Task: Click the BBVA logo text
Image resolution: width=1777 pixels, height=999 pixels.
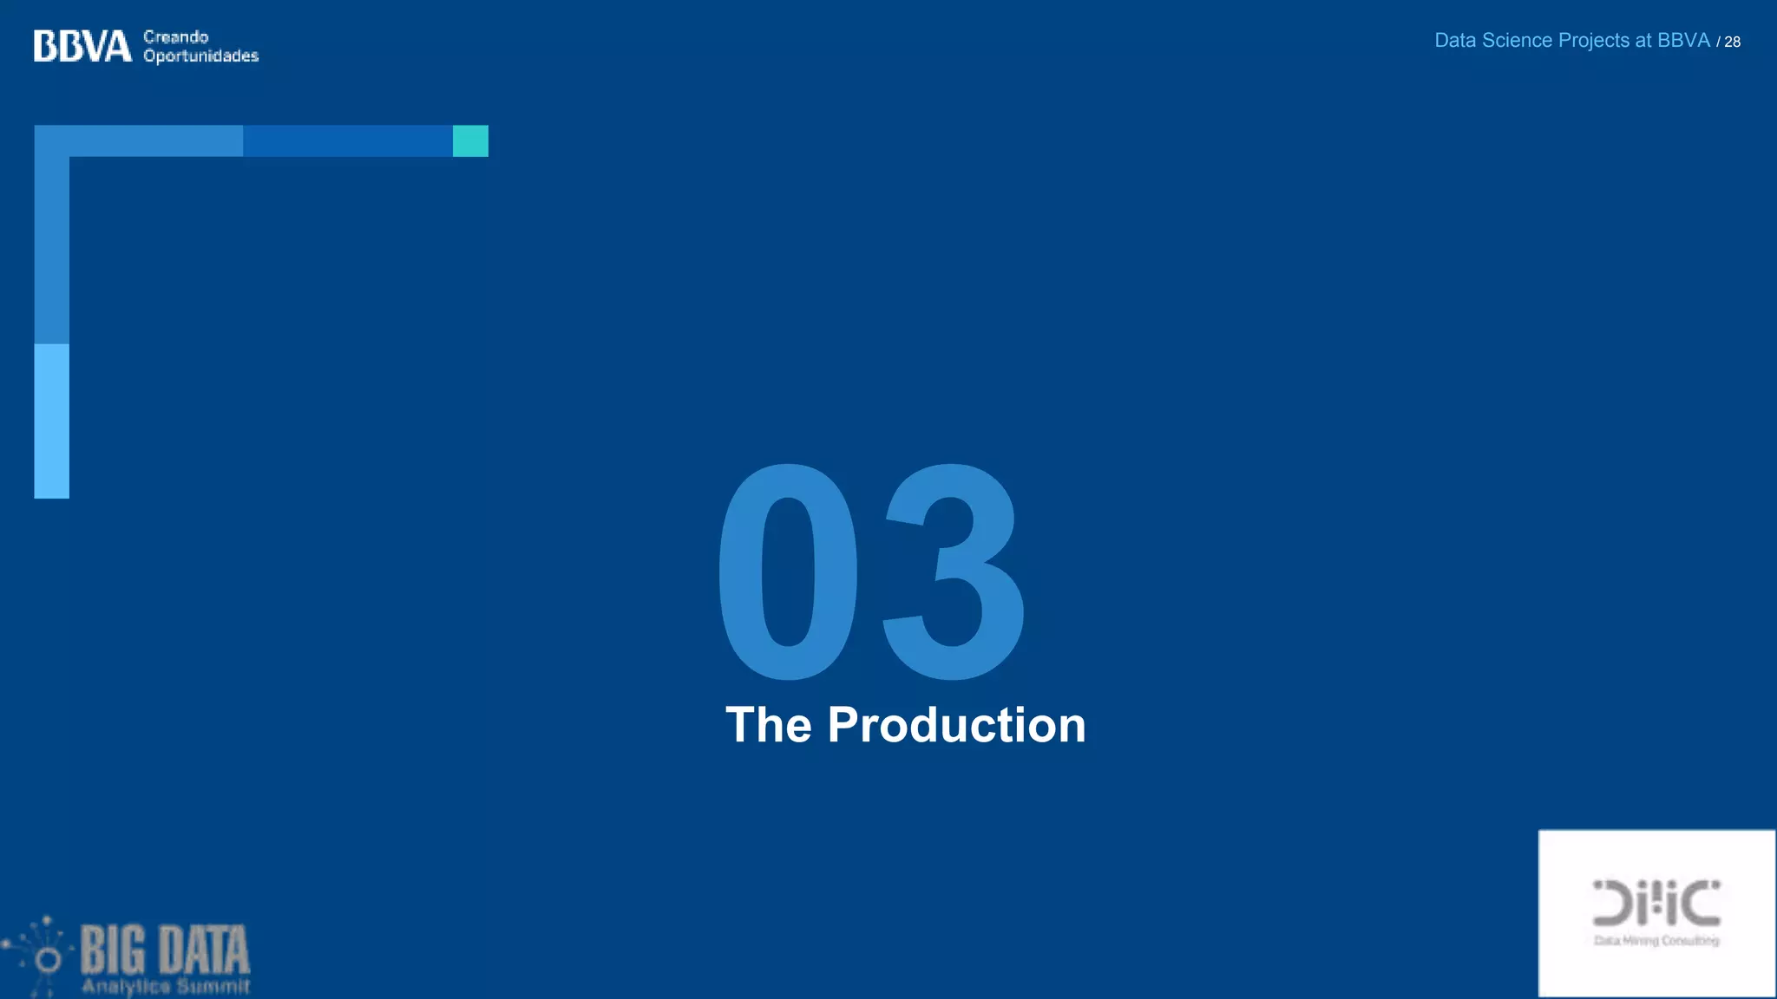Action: (82, 46)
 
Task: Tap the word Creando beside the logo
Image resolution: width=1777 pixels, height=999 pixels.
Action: (176, 36)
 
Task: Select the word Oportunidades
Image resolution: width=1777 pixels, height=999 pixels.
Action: (201, 56)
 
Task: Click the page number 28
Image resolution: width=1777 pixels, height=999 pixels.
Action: (1732, 42)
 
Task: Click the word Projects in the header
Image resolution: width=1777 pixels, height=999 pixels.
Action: (1594, 41)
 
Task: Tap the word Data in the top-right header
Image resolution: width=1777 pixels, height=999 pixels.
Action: (1455, 41)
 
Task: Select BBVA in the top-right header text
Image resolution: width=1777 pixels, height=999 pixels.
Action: (1683, 41)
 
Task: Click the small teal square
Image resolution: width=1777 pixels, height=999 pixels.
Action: (470, 140)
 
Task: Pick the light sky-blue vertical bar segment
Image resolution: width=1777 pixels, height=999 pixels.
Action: (51, 421)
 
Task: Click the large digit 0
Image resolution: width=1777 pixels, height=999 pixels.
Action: (788, 572)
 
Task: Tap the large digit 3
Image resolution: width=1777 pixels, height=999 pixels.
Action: (953, 572)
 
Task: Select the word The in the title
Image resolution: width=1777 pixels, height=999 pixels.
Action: (768, 725)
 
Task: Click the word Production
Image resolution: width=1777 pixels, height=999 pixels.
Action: (956, 725)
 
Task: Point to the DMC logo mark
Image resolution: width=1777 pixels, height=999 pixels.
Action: (1656, 903)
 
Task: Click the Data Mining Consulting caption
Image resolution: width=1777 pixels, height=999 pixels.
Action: (1656, 941)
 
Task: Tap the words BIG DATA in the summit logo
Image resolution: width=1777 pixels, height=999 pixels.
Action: (165, 950)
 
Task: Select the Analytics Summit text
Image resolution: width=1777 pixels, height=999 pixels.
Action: (166, 987)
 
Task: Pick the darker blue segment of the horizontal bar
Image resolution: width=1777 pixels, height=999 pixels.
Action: (347, 140)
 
